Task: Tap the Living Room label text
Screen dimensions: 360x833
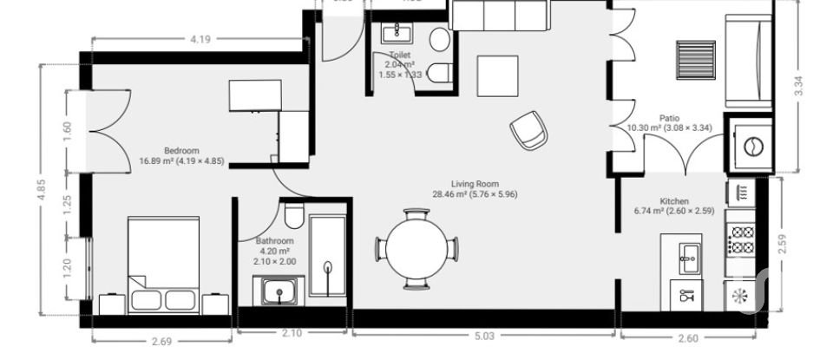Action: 474,183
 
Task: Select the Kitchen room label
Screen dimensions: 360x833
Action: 674,200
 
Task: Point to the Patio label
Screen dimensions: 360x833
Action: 669,118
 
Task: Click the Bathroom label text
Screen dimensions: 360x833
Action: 274,241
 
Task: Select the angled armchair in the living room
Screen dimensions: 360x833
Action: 528,132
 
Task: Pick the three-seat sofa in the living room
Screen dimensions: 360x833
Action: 499,15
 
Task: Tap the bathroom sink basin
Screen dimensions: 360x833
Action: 279,292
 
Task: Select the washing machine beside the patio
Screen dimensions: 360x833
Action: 747,144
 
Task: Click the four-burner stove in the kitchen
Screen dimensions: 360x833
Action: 742,239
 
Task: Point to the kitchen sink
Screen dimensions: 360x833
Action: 690,253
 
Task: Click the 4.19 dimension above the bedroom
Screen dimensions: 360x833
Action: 200,38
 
